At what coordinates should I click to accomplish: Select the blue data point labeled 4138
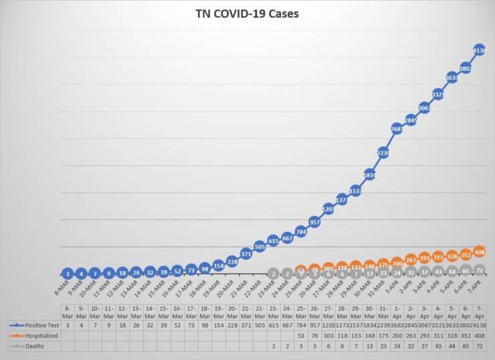pyautogui.click(x=479, y=50)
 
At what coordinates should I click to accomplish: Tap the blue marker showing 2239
pyautogui.click(x=383, y=153)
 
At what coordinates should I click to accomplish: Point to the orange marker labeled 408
pyautogui.click(x=479, y=252)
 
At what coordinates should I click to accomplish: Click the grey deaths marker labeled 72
pyautogui.click(x=479, y=270)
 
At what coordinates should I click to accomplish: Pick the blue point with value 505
pyautogui.click(x=260, y=246)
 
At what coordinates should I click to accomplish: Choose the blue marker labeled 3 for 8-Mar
pyautogui.click(x=67, y=273)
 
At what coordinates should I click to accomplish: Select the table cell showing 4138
pyautogui.click(x=479, y=324)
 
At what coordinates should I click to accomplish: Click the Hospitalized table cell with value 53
pyautogui.click(x=300, y=335)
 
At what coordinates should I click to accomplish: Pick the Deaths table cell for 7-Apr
pyautogui.click(x=479, y=346)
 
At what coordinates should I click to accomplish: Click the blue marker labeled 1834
pyautogui.click(x=369, y=175)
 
